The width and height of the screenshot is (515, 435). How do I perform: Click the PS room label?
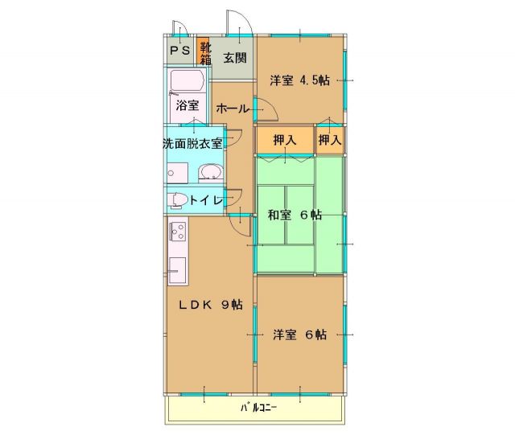(x=179, y=51)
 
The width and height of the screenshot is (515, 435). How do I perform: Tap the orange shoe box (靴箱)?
(x=204, y=52)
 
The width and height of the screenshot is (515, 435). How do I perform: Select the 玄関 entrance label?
(x=235, y=58)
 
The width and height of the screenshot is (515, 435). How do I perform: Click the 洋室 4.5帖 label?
(x=299, y=80)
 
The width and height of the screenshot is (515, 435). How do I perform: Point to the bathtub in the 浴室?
(x=187, y=82)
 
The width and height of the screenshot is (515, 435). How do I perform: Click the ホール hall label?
(x=233, y=108)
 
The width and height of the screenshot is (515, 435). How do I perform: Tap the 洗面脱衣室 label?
(x=193, y=143)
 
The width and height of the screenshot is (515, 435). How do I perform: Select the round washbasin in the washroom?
(x=211, y=172)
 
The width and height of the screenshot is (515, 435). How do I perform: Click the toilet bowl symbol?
(x=178, y=199)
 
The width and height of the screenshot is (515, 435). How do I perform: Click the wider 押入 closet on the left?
(x=284, y=139)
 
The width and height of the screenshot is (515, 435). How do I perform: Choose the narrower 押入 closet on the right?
(x=329, y=139)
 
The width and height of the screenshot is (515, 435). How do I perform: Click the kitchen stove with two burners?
(x=177, y=234)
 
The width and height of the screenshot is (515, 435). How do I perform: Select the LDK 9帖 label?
(x=210, y=304)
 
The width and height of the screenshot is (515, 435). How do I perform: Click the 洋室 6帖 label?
(x=299, y=334)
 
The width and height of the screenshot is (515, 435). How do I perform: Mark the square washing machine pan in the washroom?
(x=177, y=172)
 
